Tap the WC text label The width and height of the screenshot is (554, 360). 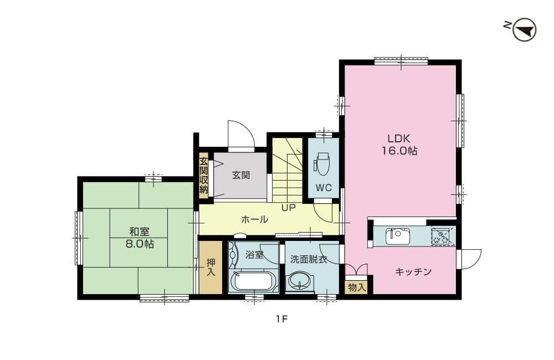tap(324, 188)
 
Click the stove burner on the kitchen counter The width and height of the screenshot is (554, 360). tap(442, 235)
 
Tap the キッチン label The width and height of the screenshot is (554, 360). tap(413, 272)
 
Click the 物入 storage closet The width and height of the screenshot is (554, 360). tap(356, 287)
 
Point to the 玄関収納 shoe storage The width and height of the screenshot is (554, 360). tap(203, 175)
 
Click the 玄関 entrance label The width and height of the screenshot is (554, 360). tap(240, 176)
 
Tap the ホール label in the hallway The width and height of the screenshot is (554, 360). tap(255, 219)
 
